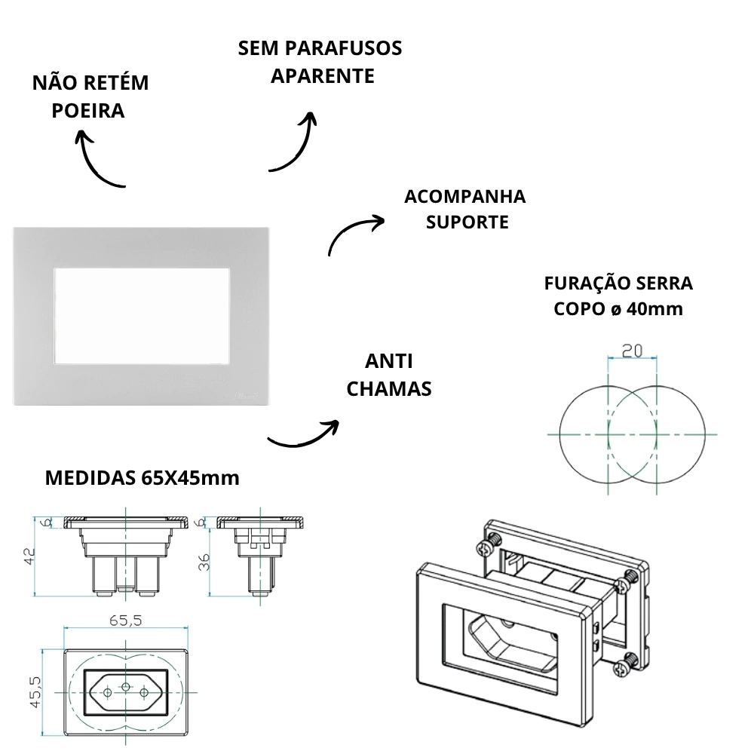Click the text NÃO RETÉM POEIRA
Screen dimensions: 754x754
tap(90, 97)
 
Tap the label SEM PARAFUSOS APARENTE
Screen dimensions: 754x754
tap(320, 62)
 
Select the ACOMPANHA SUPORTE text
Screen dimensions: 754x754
tap(465, 210)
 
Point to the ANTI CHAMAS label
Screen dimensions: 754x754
tap(388, 375)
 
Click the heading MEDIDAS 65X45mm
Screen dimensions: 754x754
tap(143, 478)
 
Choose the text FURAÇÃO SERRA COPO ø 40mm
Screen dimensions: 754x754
tap(618, 296)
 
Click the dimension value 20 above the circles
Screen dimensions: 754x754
tap(632, 350)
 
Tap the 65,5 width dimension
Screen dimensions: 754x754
tap(126, 621)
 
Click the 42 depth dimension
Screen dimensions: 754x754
tap(29, 556)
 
